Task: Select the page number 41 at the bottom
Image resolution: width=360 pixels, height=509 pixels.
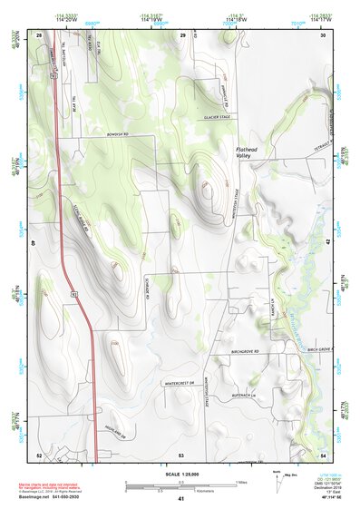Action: [181, 500]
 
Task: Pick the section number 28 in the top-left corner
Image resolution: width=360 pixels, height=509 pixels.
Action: [38, 34]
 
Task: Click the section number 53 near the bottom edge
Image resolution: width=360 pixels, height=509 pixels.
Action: [181, 454]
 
